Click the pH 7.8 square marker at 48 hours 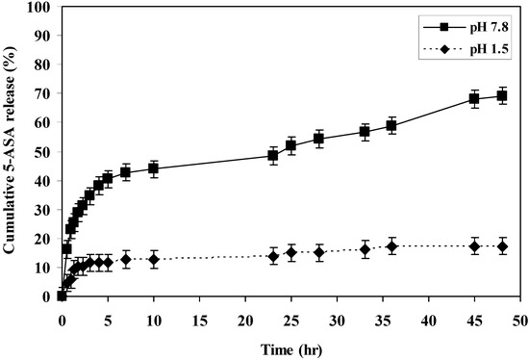501,96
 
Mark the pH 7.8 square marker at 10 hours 154,168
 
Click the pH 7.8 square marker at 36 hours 391,126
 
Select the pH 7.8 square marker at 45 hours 474,98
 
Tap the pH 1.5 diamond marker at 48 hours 501,246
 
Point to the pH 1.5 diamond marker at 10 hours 154,259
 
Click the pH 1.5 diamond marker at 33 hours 365,249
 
